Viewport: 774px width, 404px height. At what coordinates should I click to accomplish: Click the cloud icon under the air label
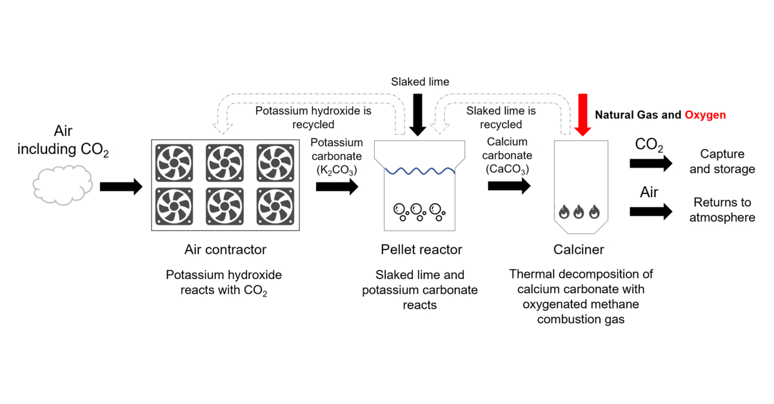(63, 185)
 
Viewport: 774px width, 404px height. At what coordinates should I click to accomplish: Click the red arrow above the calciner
(582, 115)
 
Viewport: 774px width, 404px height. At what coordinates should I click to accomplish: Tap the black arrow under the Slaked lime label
(417, 115)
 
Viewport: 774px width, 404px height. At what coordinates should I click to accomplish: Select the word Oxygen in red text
(705, 115)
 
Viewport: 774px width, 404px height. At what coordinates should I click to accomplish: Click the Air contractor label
(225, 249)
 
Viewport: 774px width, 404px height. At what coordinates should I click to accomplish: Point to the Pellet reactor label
(421, 249)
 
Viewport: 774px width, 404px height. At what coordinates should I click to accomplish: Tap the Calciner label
(579, 249)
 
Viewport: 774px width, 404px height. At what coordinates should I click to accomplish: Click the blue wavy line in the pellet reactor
(420, 171)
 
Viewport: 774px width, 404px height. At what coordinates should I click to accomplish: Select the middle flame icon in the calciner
(579, 212)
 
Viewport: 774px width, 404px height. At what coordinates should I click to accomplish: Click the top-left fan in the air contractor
(174, 163)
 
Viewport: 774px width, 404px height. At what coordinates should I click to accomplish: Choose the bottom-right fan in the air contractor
(275, 206)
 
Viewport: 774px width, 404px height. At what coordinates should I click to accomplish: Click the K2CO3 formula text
(337, 170)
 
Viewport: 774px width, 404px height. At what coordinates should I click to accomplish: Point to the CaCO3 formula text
(507, 169)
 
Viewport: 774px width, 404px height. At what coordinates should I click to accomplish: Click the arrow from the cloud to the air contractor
(121, 187)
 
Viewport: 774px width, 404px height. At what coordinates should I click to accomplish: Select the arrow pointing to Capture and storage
(651, 163)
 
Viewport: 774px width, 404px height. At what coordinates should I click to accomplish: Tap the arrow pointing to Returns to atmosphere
(651, 211)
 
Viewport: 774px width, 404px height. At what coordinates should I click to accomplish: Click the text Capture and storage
(722, 161)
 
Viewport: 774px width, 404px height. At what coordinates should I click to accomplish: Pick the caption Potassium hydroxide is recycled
(313, 117)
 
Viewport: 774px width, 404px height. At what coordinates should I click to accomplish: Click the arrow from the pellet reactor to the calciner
(509, 186)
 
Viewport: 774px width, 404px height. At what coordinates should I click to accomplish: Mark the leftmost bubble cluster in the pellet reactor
(401, 212)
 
